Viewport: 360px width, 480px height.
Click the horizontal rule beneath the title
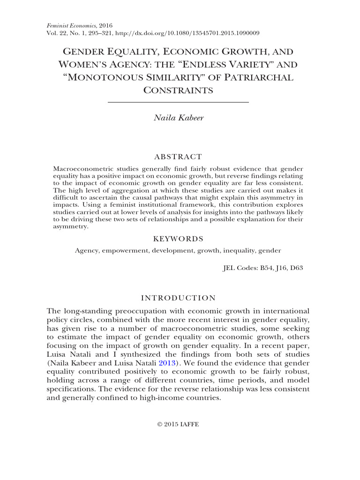coord(178,102)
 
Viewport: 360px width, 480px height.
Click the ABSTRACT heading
coord(178,157)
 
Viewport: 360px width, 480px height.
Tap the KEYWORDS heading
coord(178,239)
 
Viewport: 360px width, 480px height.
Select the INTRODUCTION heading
coord(178,298)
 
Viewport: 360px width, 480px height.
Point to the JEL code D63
coord(295,269)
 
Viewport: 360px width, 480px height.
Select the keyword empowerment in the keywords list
coord(123,251)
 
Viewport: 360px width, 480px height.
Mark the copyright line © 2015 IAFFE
coord(178,424)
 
